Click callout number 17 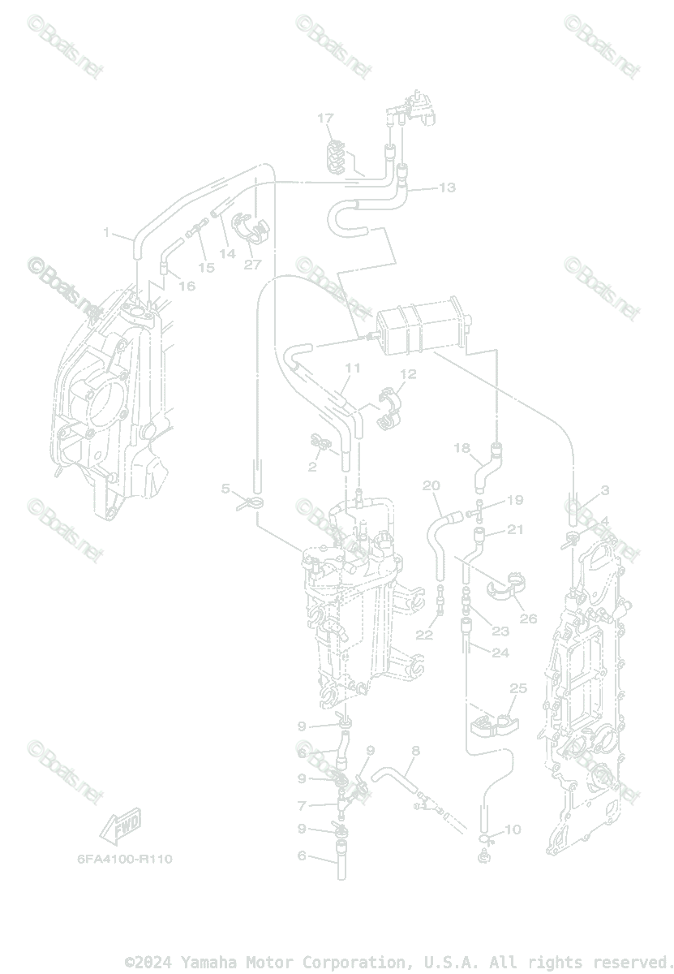325,119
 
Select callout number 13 447,187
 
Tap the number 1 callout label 106,233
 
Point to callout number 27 253,264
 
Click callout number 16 187,286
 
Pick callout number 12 407,374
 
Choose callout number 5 226,488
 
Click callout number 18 461,448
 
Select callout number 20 431,486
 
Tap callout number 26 528,618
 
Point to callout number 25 517,688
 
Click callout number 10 512,830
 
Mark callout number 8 415,751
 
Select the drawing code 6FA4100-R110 125,858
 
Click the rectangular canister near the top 421,328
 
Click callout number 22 424,635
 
